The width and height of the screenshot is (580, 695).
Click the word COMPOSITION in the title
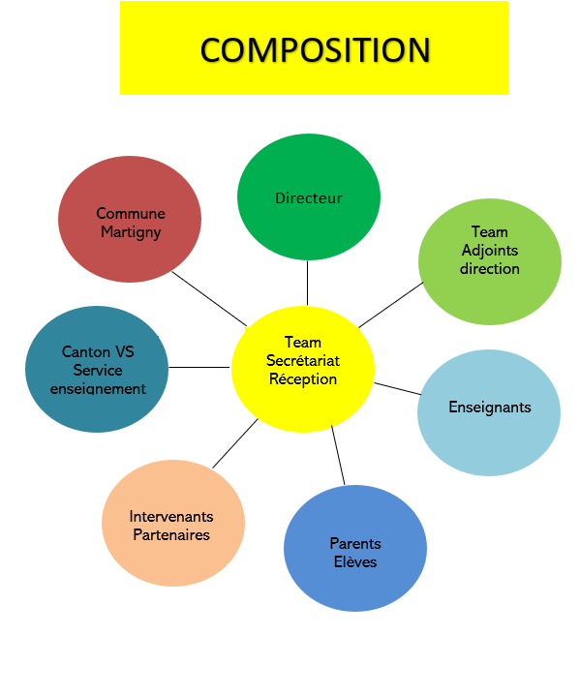(315, 49)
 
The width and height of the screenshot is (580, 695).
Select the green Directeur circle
(309, 196)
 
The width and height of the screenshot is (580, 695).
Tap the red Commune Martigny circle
(130, 219)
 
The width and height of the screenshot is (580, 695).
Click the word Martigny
(131, 231)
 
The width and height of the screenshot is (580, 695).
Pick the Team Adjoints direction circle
(490, 261)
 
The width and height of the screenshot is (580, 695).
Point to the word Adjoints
(490, 251)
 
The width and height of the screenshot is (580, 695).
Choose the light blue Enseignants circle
(489, 412)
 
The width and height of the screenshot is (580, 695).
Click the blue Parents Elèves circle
(355, 548)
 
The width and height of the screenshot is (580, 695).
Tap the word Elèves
(355, 561)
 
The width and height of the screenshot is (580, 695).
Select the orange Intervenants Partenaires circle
(173, 523)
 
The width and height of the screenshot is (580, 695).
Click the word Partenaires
(171, 534)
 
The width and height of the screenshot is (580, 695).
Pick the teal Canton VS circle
(97, 369)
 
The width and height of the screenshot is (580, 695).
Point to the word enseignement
(98, 389)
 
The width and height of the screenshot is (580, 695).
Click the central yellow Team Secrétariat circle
(303, 369)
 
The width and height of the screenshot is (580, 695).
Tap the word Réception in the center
(303, 379)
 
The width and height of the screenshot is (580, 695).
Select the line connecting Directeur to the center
(307, 283)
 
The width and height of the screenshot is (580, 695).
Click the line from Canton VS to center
(199, 367)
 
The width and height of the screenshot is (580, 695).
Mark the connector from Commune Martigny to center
(209, 299)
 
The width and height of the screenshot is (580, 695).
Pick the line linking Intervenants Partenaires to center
(235, 443)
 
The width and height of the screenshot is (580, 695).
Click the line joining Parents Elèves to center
(338, 455)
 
